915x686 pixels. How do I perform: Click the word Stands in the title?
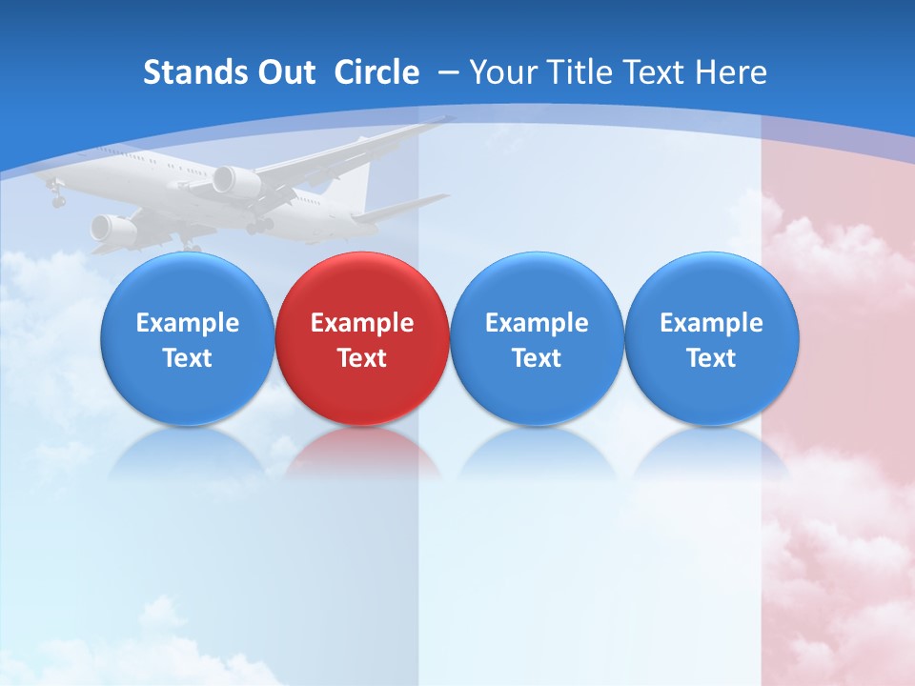click(193, 72)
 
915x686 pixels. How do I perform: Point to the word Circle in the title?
click(376, 72)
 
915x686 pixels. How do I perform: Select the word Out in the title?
click(285, 72)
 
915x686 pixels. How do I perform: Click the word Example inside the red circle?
click(362, 323)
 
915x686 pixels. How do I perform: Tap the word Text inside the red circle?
click(362, 358)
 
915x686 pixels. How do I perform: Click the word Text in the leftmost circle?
click(187, 358)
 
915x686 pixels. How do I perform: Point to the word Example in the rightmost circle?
click(711, 323)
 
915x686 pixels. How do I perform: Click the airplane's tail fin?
click(355, 181)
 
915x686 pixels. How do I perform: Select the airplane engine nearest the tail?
click(236, 182)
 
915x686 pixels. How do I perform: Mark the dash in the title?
click(447, 72)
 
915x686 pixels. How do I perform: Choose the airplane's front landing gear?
click(58, 200)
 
